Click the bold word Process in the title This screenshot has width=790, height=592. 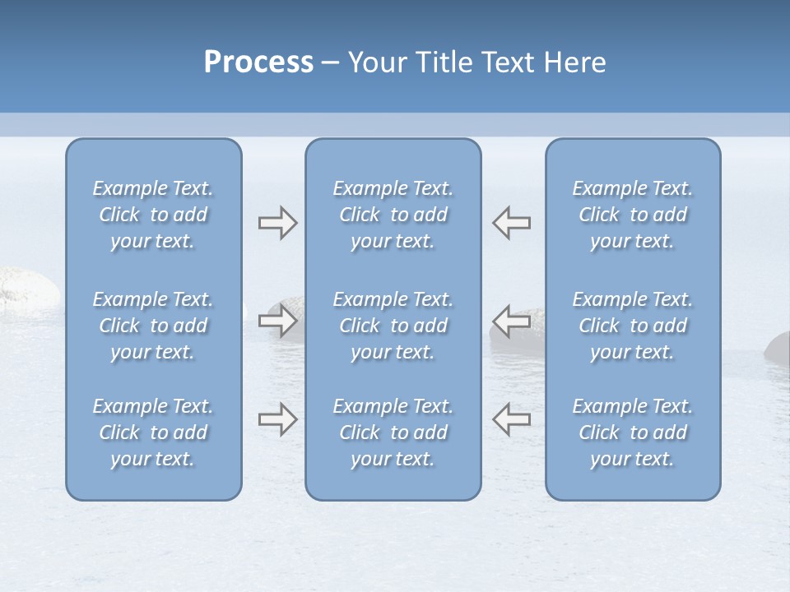point(258,62)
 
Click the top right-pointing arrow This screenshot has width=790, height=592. point(277,223)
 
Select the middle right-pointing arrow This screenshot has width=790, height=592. point(277,320)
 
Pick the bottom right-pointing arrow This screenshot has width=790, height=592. point(277,419)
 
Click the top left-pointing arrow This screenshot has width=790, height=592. point(512,223)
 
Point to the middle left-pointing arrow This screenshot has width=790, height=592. point(512,320)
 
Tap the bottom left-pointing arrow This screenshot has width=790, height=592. point(512,419)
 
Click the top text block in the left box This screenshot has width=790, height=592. point(153,215)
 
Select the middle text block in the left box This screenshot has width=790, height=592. point(153,326)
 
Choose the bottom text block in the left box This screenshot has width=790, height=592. point(153,432)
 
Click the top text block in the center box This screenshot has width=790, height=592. point(393,215)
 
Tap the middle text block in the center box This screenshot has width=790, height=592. point(393,326)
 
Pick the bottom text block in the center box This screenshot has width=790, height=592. point(393,432)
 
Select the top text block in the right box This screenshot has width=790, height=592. point(633,215)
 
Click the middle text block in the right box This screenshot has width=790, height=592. point(633,326)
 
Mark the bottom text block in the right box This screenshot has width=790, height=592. point(633,432)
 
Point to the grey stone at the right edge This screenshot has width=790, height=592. point(778,347)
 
